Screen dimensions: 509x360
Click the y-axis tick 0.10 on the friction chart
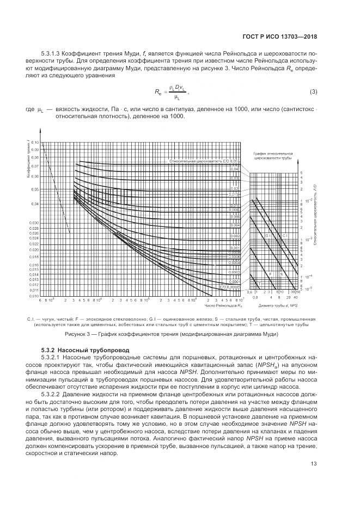[x=35, y=142]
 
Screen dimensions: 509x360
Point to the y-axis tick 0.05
[x=35, y=189]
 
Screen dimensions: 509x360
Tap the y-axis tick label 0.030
[x=34, y=223]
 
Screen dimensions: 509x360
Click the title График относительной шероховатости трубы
[x=274, y=157]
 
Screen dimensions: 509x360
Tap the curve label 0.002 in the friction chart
[x=234, y=236]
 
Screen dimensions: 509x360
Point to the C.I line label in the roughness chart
[x=285, y=235]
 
